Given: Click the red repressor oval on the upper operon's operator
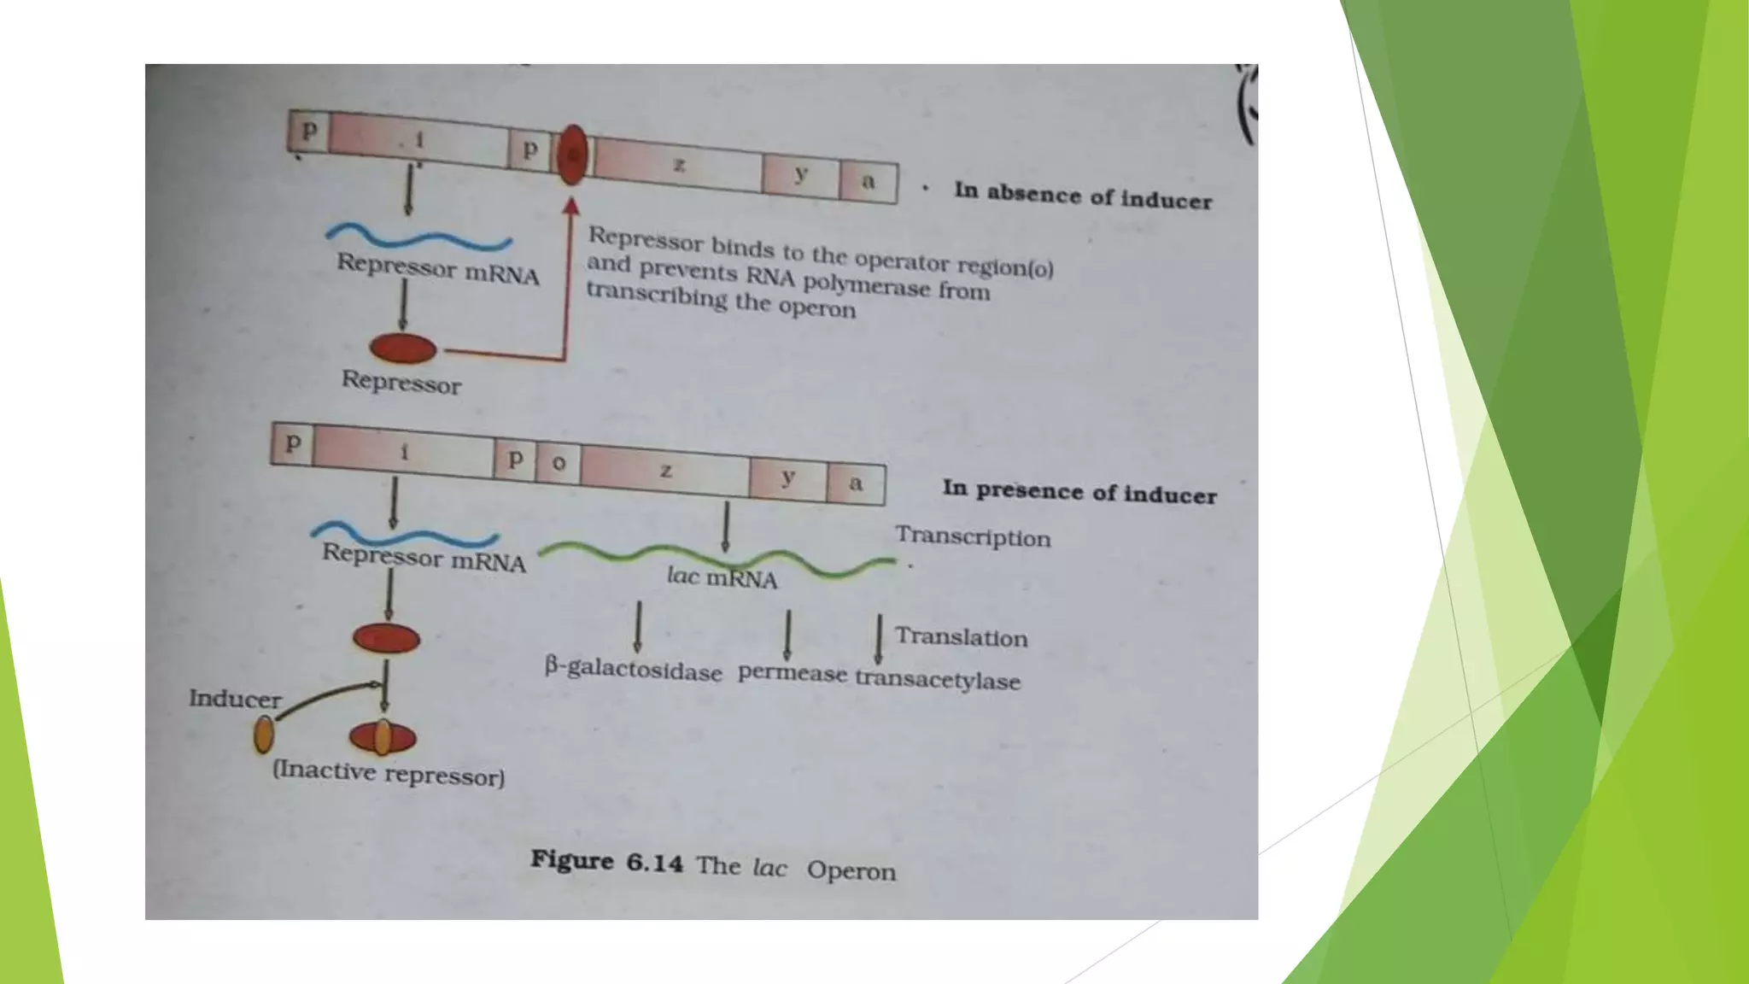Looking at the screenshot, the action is point(572,155).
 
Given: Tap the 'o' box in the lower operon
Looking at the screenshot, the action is point(559,463).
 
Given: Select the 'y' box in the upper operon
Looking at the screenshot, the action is point(801,174).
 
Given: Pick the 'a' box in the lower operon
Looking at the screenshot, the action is point(856,483).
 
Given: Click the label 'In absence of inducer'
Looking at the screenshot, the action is point(1083,196).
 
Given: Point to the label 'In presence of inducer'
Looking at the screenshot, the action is point(1079,492).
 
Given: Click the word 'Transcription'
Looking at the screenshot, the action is point(973,537).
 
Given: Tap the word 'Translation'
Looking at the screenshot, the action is point(961,637).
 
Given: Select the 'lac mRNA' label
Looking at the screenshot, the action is point(722,578).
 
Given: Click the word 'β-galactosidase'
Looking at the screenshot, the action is point(634,670).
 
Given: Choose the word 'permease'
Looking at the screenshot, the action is point(793,673).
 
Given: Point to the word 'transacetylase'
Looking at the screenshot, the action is point(938,680).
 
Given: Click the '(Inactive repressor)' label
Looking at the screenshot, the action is point(389,773).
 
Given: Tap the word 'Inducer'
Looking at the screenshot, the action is point(235,699).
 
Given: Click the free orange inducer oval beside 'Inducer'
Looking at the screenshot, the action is point(264,735).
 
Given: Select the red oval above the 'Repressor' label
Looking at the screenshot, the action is point(403,348).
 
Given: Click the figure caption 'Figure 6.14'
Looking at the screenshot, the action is point(606,861).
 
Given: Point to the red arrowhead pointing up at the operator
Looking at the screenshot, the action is point(571,205).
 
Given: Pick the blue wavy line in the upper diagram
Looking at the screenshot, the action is point(418,237).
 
